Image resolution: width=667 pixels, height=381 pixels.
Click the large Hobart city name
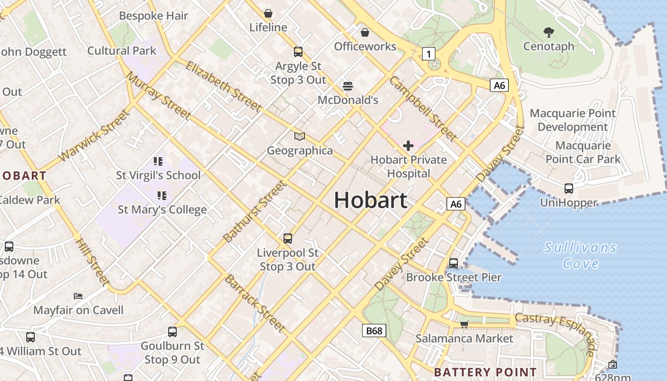point(371,200)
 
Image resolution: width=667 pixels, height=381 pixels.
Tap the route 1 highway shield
point(429,54)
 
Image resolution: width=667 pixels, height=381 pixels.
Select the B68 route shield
point(374,331)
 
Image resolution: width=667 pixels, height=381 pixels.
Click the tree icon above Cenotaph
point(549,32)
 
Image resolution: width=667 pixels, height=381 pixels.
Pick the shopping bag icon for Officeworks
point(365,32)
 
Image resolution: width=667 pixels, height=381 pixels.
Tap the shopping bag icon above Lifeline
point(268,13)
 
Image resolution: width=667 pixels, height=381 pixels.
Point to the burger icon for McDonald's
point(348,86)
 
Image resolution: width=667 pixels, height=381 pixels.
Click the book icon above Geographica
point(299,137)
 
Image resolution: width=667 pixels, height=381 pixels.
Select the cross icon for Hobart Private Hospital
point(408,145)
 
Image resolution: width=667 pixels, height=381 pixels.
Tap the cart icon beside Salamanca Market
point(464,324)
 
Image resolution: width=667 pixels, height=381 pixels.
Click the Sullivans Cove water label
point(580,255)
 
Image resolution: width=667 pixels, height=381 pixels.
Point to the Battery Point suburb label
point(485,372)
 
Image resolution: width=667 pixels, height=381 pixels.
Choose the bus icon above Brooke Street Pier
point(454,263)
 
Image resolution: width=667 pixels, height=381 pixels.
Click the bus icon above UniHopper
point(569,188)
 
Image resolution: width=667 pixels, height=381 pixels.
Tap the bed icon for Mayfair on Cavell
point(78,296)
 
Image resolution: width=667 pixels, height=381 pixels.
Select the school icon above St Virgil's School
point(158,161)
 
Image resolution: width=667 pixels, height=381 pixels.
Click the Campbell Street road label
point(423,109)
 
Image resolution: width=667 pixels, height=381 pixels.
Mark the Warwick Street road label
point(94,136)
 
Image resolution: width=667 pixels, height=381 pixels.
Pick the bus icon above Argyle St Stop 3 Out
point(298,52)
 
